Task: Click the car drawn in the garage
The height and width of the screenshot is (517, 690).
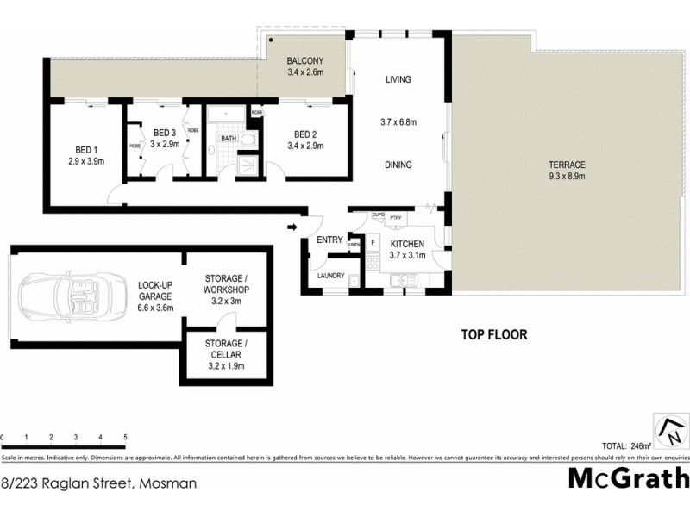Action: (69, 296)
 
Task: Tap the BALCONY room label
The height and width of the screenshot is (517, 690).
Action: (304, 66)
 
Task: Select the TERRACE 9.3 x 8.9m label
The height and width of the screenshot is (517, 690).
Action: (566, 171)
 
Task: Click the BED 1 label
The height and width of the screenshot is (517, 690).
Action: (85, 154)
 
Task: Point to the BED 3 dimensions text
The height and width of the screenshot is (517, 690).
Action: (164, 143)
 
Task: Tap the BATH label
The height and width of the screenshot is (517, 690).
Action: (228, 138)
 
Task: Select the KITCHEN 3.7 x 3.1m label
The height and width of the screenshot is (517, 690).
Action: (406, 250)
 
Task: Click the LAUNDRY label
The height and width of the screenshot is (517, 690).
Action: (330, 276)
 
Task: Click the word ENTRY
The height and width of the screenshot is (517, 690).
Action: (329, 240)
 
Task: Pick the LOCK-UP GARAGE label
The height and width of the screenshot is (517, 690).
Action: (156, 296)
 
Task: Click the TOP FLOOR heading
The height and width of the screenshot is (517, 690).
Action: (493, 335)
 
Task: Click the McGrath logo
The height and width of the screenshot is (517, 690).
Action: (628, 477)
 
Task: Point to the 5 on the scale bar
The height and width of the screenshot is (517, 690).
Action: (126, 438)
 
